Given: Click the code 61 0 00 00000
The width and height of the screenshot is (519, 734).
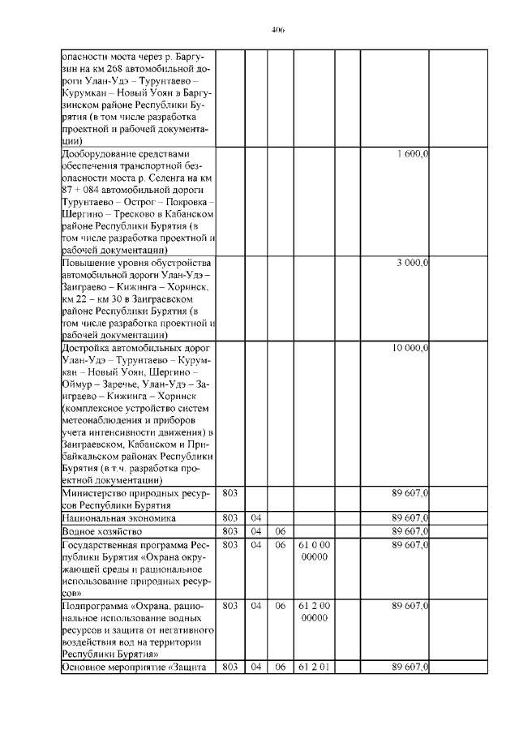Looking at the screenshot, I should pyautogui.click(x=313, y=551).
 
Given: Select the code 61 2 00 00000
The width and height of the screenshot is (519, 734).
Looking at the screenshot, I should pyautogui.click(x=313, y=612).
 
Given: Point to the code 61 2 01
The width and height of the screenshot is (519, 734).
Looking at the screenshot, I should pyautogui.click(x=313, y=667).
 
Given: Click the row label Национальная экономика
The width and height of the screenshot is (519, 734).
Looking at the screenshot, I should pyautogui.click(x=119, y=517).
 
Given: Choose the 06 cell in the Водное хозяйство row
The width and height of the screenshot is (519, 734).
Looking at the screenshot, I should pyautogui.click(x=280, y=531).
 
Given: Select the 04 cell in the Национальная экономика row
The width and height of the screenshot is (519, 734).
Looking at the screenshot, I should pyautogui.click(x=255, y=517).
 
